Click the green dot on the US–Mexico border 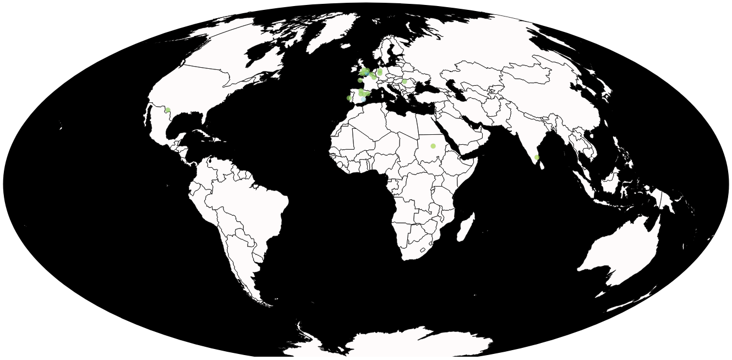tap(168, 110)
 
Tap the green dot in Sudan tap(433, 146)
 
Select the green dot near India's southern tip tap(537, 157)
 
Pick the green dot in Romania tap(405, 81)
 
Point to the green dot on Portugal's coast tap(349, 98)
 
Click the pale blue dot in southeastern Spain tap(363, 99)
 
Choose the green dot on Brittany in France tap(360, 80)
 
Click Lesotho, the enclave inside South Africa tap(423, 250)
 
